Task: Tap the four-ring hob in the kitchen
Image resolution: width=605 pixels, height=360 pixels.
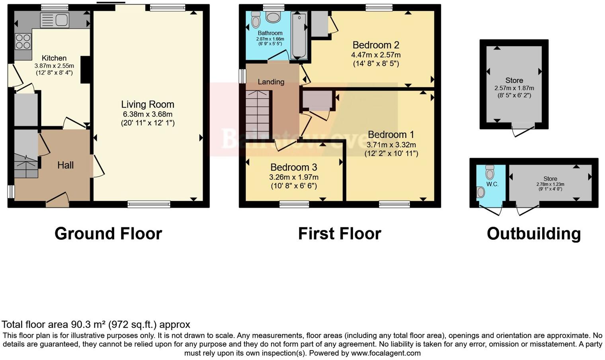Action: tap(23, 41)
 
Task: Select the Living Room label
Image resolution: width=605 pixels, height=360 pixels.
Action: tap(148, 104)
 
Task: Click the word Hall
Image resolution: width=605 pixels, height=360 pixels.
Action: tap(65, 165)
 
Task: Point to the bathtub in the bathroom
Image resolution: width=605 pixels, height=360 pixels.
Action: tap(299, 35)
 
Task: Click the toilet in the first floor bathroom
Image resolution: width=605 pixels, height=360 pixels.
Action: tap(256, 20)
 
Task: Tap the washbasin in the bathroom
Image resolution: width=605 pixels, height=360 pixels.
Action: tap(273, 17)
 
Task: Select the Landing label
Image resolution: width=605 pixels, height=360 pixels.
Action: tap(271, 82)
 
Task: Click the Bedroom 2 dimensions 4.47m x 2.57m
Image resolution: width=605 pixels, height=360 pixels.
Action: tap(376, 55)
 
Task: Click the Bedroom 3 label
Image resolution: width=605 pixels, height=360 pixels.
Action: tap(294, 167)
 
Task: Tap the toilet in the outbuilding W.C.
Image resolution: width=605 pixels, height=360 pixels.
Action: tap(490, 172)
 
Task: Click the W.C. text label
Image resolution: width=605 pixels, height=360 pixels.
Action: tap(492, 184)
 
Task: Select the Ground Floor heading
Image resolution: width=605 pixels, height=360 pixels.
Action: tap(108, 234)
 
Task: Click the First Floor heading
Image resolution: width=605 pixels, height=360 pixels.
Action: tap(340, 234)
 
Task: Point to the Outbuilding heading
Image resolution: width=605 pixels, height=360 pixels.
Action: tap(533, 234)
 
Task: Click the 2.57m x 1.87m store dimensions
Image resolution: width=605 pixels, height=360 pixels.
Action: tap(514, 88)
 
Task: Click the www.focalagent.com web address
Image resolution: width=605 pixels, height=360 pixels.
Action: tap(385, 353)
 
